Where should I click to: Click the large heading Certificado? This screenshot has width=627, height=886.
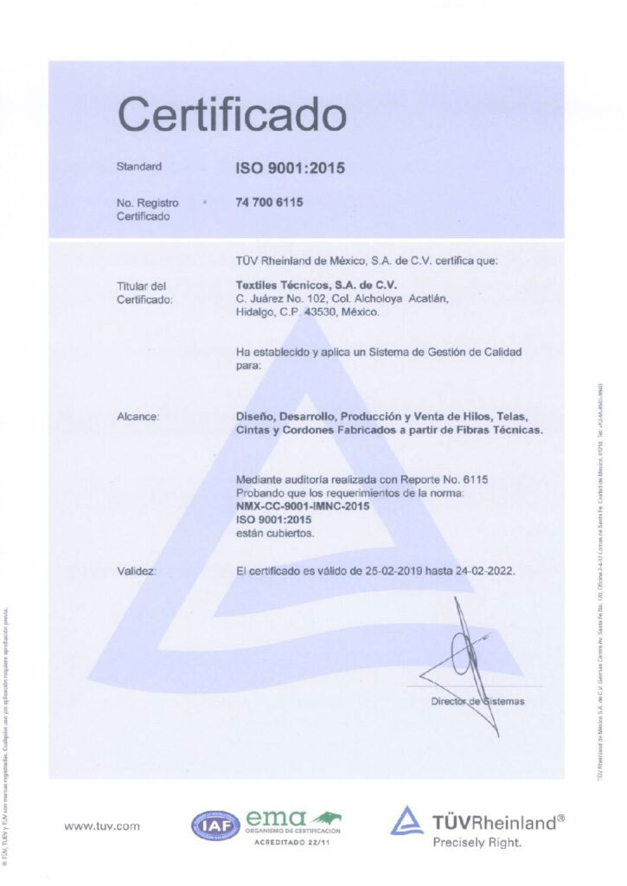(232, 114)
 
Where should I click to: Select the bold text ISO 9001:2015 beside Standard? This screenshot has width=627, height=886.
(290, 168)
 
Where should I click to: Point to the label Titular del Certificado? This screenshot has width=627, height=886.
(144, 292)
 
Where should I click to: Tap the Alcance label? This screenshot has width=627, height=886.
(138, 417)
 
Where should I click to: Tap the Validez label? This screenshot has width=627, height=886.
(137, 571)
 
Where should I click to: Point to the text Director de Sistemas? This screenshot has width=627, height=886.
(477, 702)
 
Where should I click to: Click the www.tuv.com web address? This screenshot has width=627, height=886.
(102, 826)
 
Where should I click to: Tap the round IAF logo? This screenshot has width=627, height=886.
(215, 825)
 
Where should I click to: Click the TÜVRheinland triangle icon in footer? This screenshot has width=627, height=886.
(406, 820)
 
